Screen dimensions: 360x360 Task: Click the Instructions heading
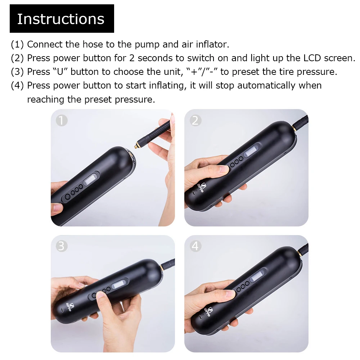tap(61, 19)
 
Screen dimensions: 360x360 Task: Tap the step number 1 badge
tap(62, 121)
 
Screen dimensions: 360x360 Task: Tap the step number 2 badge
tap(195, 121)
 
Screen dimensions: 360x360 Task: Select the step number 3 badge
tap(62, 246)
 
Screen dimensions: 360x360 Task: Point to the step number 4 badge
tap(195, 246)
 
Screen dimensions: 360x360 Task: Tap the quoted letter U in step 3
tap(60, 72)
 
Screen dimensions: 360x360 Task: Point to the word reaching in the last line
tap(46, 99)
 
